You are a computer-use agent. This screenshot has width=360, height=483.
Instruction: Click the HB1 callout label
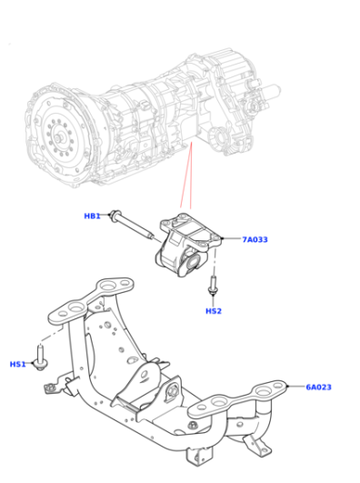pyautogui.click(x=92, y=216)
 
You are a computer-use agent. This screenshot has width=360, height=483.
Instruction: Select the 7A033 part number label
pyautogui.click(x=255, y=239)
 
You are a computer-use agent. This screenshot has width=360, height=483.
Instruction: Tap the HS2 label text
pyautogui.click(x=214, y=311)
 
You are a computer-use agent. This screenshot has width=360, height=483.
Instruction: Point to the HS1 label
pyautogui.click(x=17, y=364)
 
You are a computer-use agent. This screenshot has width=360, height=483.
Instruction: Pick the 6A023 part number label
pyautogui.click(x=318, y=387)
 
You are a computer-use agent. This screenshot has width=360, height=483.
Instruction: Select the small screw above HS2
pyautogui.click(x=213, y=286)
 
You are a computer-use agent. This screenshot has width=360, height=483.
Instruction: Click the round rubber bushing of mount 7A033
pyautogui.click(x=193, y=262)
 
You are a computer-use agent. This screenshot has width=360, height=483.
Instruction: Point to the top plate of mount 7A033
pyautogui.click(x=191, y=228)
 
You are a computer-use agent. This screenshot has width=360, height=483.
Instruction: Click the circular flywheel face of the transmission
pyautogui.click(x=58, y=136)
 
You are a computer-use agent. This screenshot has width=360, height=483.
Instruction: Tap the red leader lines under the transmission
pyautogui.click(x=186, y=175)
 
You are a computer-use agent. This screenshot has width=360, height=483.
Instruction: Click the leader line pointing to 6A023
pyautogui.click(x=296, y=387)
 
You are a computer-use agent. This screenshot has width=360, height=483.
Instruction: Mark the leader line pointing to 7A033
pyautogui.click(x=231, y=238)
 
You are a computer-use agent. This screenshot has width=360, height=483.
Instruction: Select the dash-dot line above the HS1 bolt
pyautogui.click(x=52, y=334)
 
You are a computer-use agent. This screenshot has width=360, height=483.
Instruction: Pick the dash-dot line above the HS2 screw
pyautogui.click(x=215, y=259)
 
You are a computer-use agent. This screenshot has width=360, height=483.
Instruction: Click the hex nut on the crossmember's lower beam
pyautogui.click(x=193, y=425)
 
